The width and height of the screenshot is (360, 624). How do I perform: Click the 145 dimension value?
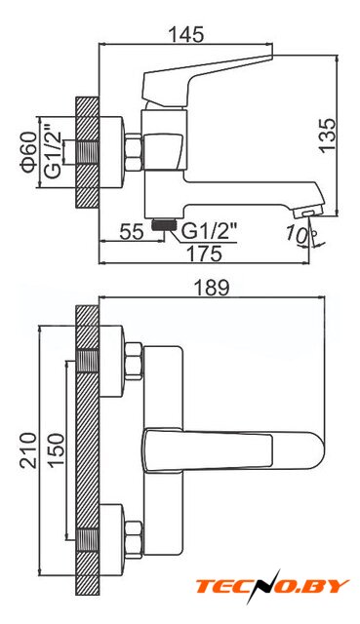(x=186, y=35)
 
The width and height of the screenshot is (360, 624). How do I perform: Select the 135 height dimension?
(x=328, y=135)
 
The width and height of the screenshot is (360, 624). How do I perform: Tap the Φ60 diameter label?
(x=29, y=152)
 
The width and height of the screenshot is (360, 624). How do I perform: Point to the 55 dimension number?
(x=132, y=232)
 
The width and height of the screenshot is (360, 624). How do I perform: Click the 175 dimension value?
(x=205, y=253)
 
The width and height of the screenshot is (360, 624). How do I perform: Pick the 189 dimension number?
(x=212, y=288)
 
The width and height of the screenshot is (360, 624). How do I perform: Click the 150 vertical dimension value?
(x=56, y=449)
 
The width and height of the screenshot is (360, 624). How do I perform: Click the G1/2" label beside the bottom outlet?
(x=209, y=231)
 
